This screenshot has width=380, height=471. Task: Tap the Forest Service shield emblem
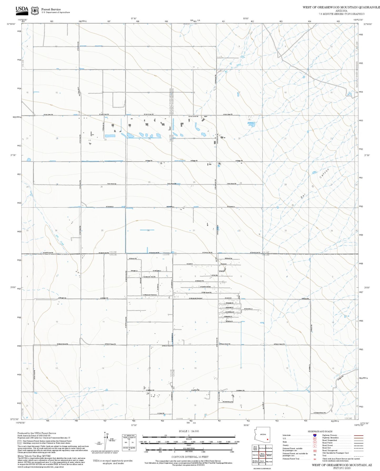pyautogui.click(x=35, y=11)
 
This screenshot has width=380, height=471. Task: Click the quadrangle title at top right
pyautogui.click(x=341, y=7)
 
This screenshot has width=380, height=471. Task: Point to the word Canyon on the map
pyautogui.click(x=324, y=174)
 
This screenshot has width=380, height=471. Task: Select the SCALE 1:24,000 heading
pyautogui.click(x=189, y=431)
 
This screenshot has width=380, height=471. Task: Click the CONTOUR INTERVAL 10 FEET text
pyautogui.click(x=190, y=457)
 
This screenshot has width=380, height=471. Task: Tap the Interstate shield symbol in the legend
pyautogui.click(x=315, y=435)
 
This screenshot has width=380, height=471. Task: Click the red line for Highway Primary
pyautogui.click(x=358, y=435)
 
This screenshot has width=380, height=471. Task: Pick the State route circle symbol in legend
pyautogui.click(x=315, y=442)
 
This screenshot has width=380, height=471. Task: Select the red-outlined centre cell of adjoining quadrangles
pyautogui.click(x=262, y=455)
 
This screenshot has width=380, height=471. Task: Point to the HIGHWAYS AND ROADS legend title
pyautogui.click(x=320, y=431)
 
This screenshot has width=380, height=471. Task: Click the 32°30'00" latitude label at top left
pyautogui.click(x=11, y=24)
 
